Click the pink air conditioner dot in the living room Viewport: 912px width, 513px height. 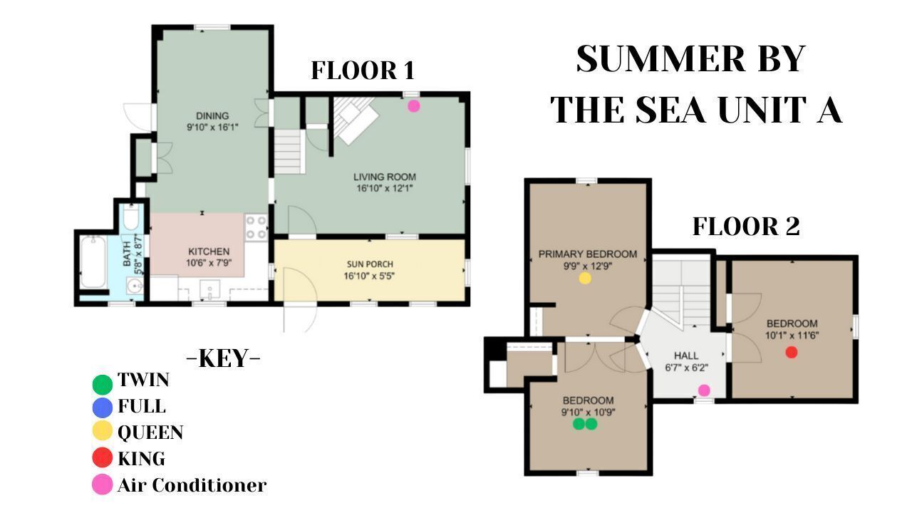414,106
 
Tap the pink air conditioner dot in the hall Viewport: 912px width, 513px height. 704,390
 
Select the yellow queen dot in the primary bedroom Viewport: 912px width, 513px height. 585,278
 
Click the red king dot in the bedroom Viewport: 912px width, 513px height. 791,352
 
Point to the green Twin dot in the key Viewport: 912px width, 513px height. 102,384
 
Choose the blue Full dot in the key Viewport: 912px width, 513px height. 102,408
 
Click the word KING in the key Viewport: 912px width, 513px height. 141,459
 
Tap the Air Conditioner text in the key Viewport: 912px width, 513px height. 192,485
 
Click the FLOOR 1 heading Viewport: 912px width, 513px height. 363,71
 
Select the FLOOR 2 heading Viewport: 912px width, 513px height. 746,227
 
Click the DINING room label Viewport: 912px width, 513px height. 212,115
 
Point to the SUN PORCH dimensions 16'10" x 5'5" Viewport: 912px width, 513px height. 369,276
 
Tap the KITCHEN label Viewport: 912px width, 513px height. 209,252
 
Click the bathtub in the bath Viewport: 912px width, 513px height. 93,261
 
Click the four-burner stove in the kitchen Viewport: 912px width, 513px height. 256,227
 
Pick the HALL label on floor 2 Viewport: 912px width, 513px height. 686,356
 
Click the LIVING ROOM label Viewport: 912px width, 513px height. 385,177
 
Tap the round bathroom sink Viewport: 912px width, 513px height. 135,286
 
